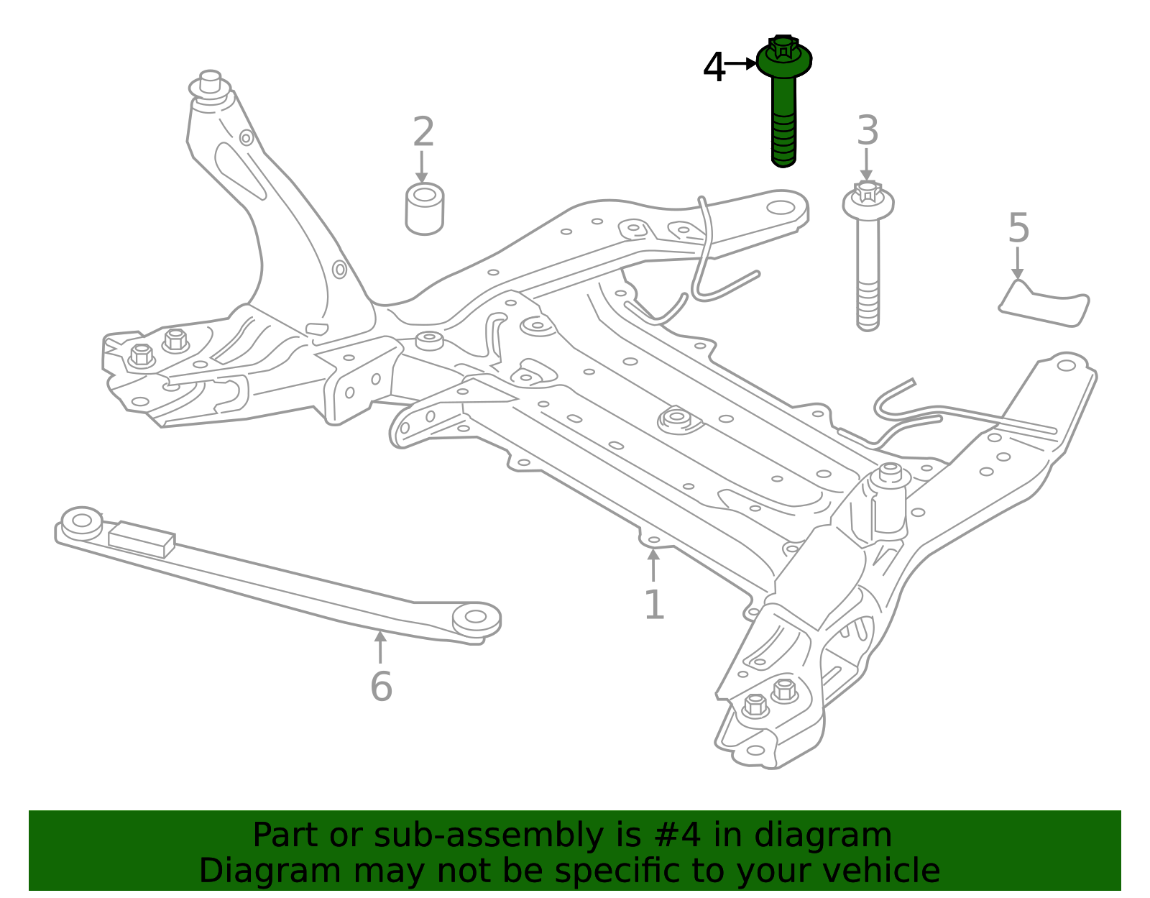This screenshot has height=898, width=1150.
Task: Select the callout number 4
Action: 714,68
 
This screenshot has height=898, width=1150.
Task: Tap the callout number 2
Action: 423,132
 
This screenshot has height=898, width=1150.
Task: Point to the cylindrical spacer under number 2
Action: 424,209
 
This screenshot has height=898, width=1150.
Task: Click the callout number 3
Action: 868,132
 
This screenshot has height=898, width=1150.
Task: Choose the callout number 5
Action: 1018,228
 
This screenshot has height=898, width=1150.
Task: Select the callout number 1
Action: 653,605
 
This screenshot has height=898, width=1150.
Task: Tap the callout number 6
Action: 381,686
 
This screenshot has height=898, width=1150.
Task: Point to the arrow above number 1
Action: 653,565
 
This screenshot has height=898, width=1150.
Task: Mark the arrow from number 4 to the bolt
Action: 740,64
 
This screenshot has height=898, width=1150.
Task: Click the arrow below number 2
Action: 422,167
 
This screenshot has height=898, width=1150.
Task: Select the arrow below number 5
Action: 1017,263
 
